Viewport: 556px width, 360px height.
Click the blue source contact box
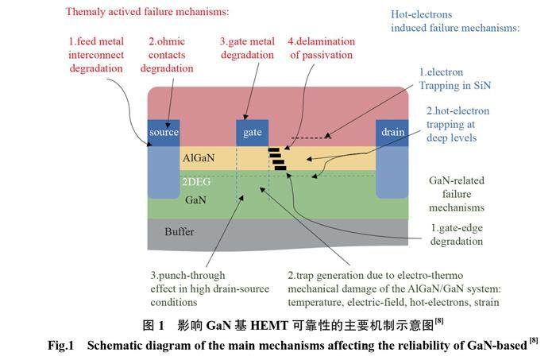164,132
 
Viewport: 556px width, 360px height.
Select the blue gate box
252,132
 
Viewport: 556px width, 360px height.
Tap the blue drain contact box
392,132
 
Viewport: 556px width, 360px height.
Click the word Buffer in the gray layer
179,232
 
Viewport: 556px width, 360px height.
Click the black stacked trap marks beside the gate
276,158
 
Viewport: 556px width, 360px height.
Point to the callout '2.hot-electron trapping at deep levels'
458,124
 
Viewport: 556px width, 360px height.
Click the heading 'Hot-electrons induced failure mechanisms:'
455,21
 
